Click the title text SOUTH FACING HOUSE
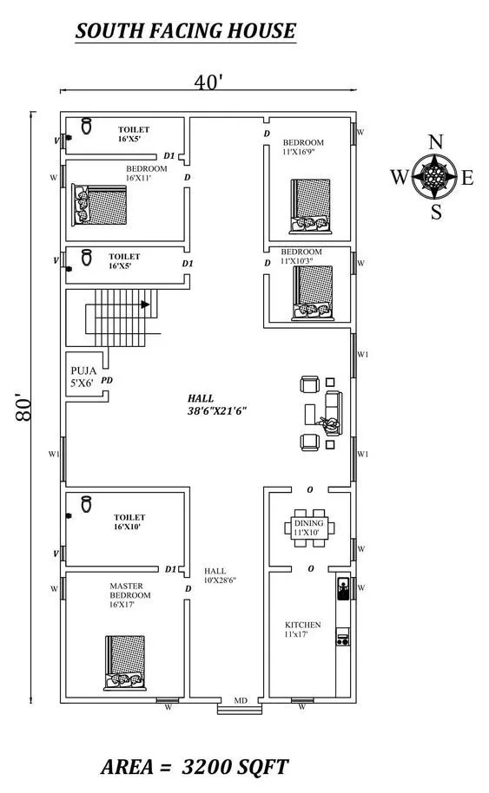point(186,31)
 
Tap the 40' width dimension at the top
point(208,81)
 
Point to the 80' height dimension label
point(23,407)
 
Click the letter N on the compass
point(435,142)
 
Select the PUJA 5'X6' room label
point(83,377)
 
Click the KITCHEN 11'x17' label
point(303,629)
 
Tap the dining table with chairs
point(309,528)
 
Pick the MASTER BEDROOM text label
point(130,591)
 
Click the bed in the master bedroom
point(125,663)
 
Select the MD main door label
point(241,700)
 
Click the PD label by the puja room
point(106,380)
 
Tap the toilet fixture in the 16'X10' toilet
point(87,504)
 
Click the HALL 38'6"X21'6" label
point(216,404)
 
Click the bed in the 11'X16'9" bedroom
point(310,206)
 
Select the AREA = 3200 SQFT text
point(195,767)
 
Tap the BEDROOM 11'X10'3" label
point(301,256)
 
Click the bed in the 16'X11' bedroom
point(99,205)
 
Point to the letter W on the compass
point(399,178)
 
